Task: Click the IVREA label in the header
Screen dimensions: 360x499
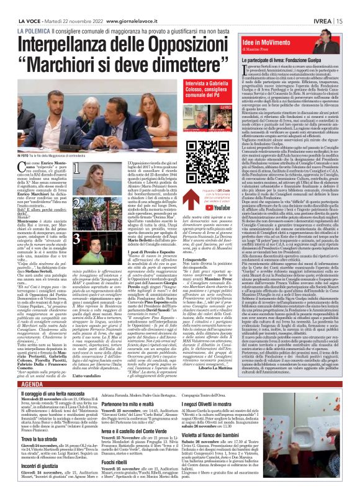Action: (323, 5)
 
